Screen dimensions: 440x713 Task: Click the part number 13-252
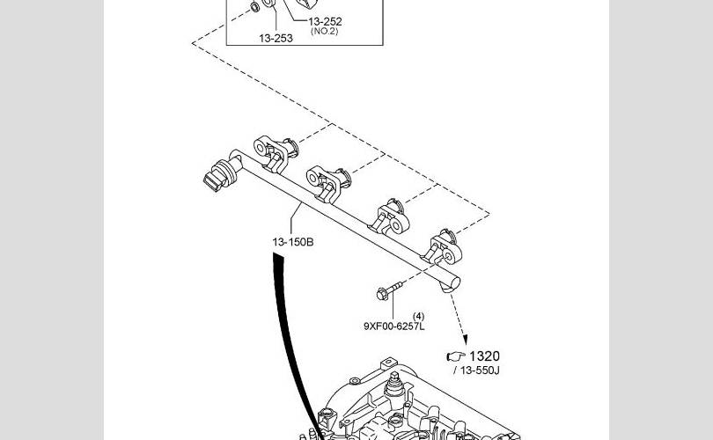click(x=325, y=21)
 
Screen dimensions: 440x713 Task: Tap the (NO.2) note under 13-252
click(x=324, y=32)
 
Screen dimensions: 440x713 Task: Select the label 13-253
click(x=276, y=38)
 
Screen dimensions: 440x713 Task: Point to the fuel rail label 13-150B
click(x=292, y=241)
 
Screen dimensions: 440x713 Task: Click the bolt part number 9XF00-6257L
click(x=394, y=326)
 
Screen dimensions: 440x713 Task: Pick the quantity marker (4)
click(x=418, y=316)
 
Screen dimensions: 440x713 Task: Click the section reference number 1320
click(x=484, y=356)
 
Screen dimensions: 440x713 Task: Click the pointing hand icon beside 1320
click(x=455, y=356)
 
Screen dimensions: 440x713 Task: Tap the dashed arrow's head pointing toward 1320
click(x=463, y=341)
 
